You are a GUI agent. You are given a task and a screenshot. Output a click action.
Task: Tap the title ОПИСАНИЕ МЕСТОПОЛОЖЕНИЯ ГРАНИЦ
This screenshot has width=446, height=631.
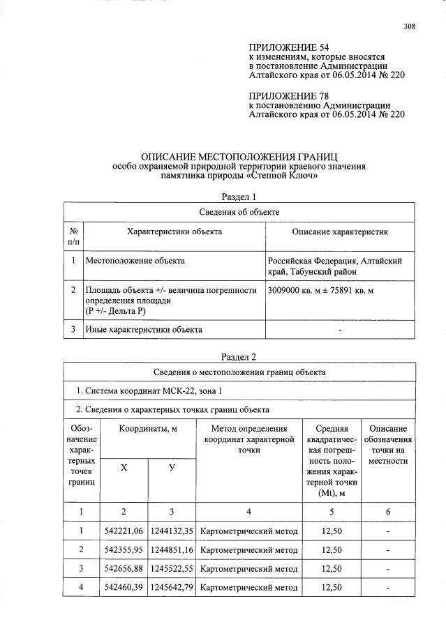pyautogui.click(x=239, y=158)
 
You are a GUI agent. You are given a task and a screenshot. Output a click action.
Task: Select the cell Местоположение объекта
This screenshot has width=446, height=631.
pyautogui.click(x=135, y=261)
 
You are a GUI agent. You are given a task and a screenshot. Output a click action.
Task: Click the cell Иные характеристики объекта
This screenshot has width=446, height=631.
pyautogui.click(x=143, y=329)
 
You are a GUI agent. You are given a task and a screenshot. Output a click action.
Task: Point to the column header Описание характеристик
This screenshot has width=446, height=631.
pyautogui.click(x=340, y=231)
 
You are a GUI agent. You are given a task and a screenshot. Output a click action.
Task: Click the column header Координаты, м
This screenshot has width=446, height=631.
pyautogui.click(x=147, y=429)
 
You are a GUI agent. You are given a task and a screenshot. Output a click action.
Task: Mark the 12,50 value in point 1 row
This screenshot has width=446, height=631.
pyautogui.click(x=331, y=532)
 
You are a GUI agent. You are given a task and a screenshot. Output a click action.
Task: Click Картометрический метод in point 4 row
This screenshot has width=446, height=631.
pyautogui.click(x=249, y=588)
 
